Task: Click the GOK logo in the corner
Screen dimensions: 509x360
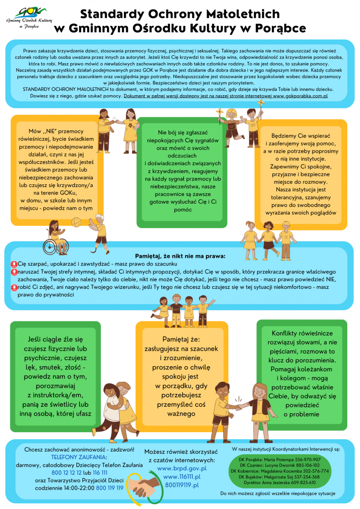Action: [29, 17]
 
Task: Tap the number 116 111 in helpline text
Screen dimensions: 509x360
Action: [100, 473]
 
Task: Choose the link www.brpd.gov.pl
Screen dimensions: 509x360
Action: [182, 468]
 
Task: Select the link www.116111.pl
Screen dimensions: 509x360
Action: [182, 476]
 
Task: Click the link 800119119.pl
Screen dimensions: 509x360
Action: [182, 484]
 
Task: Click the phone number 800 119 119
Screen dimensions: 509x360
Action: [110, 488]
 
